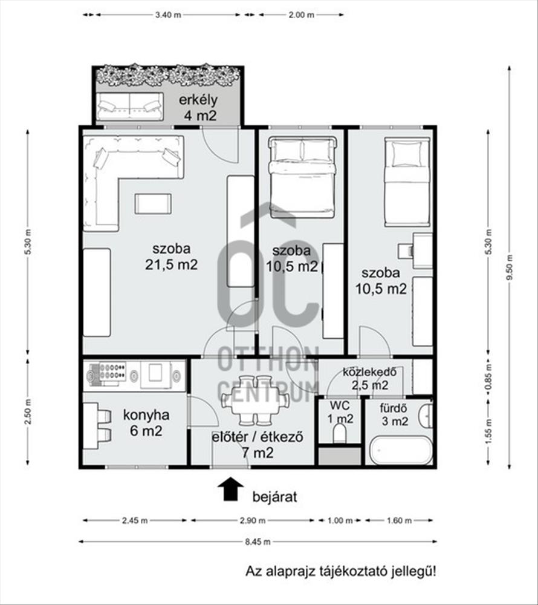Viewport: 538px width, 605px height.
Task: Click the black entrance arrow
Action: (x=230, y=489)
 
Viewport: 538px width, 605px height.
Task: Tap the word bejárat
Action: (x=275, y=497)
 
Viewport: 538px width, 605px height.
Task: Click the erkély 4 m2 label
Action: (x=198, y=107)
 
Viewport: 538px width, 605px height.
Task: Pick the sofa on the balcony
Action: (x=129, y=106)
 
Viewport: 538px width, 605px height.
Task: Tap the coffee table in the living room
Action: (x=153, y=204)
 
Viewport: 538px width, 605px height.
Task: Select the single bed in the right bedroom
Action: (x=407, y=181)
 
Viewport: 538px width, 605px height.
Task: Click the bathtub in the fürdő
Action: (x=401, y=450)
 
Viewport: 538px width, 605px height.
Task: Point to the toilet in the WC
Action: (x=340, y=433)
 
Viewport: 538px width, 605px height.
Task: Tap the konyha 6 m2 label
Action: (x=146, y=423)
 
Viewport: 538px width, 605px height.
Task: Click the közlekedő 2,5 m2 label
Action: (x=369, y=379)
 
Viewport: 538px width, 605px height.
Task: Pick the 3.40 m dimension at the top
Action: (x=168, y=15)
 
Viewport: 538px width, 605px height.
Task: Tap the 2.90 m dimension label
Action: (x=253, y=520)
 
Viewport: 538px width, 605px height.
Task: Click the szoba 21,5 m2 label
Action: (x=172, y=256)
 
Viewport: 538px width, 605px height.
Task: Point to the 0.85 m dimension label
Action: (x=488, y=377)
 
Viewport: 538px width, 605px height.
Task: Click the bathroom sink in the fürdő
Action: (x=426, y=416)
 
